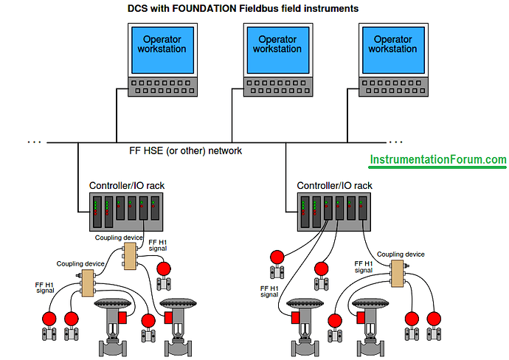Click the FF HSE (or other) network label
[x=185, y=150]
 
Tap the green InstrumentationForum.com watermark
[x=437, y=159]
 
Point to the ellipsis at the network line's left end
[x=34, y=140]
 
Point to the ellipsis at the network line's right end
[x=396, y=140]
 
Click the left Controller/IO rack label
[x=122, y=185]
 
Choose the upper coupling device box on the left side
[x=130, y=256]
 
